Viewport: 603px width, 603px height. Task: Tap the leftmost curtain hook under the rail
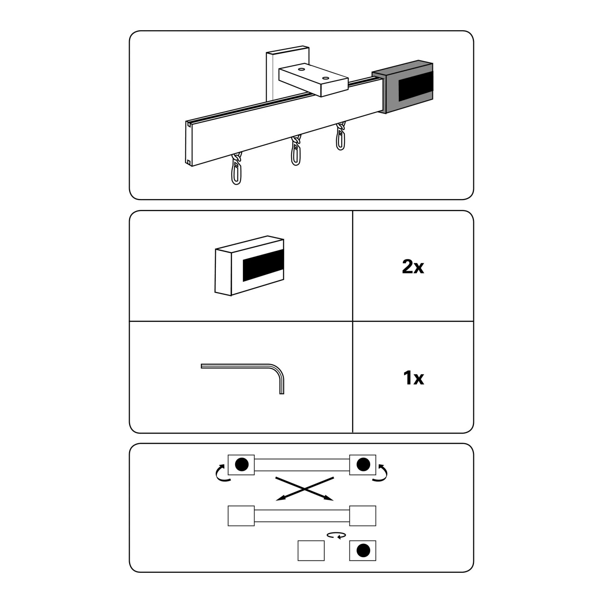click(236, 169)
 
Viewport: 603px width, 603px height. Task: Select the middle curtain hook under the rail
click(296, 150)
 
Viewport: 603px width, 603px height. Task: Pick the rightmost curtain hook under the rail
click(340, 136)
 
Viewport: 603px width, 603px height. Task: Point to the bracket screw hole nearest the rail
click(325, 78)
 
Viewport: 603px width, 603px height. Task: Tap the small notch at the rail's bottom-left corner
click(189, 162)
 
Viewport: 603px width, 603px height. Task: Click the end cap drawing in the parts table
click(250, 265)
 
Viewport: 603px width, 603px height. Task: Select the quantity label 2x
click(413, 267)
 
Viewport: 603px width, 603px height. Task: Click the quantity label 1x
click(413, 378)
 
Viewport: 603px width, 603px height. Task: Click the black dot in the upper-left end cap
click(241, 464)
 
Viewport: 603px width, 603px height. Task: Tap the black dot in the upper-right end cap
click(363, 464)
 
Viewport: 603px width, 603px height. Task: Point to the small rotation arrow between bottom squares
click(336, 535)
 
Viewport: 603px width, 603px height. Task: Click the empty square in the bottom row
click(311, 550)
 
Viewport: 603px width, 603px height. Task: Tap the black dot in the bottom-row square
click(363, 550)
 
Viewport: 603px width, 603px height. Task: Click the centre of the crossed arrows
click(305, 489)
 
